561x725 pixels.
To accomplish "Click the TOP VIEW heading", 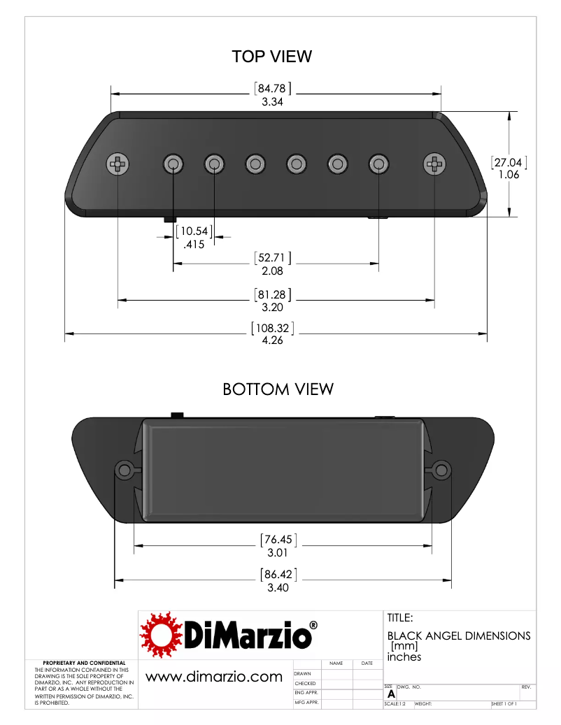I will [271, 57].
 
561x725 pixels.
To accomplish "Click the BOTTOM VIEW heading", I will [278, 389].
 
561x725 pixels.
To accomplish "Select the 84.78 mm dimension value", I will [272, 89].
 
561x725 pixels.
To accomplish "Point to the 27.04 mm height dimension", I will [508, 162].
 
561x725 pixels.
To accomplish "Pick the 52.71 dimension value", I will [272, 258].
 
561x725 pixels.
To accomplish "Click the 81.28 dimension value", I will [272, 294].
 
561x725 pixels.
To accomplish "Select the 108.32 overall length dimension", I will [272, 329].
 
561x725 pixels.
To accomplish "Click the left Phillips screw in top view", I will [118, 165].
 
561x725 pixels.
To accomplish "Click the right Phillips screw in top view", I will [434, 165].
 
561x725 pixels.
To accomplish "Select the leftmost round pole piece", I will [173, 165].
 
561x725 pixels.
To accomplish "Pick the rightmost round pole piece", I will [378, 165].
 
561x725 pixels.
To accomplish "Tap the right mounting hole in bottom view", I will [441, 469].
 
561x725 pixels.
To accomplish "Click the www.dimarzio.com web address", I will [213, 677].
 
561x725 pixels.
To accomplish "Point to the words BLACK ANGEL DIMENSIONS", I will [458, 636].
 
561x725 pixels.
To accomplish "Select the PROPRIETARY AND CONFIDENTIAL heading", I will [85, 663].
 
